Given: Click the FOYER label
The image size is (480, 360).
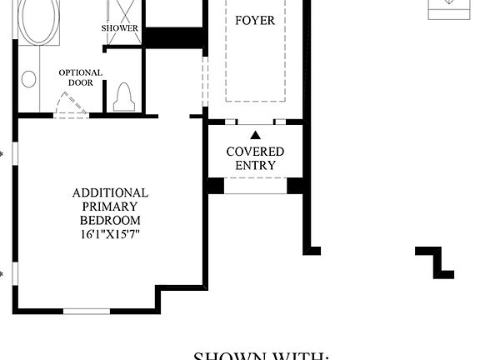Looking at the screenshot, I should (255, 19).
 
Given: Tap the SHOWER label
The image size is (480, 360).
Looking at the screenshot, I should (120, 28).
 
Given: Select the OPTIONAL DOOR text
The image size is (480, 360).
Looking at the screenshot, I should (81, 78).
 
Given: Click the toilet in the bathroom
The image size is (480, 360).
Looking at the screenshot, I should (124, 97).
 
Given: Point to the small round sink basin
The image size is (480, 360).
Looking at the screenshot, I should (29, 79).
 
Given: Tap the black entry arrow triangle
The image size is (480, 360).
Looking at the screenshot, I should (255, 134).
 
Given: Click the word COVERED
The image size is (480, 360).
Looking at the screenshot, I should (255, 152).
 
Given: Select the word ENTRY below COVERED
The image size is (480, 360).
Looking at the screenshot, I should (255, 165).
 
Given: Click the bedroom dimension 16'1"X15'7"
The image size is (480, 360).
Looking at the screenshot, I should (110, 235).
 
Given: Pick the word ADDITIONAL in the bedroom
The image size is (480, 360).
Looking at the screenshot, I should (110, 192).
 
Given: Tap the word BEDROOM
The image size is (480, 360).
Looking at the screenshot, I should (110, 221).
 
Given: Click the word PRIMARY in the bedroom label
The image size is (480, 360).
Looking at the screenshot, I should (110, 207).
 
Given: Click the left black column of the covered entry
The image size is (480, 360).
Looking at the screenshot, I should (216, 186).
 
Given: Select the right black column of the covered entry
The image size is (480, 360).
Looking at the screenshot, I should (295, 186).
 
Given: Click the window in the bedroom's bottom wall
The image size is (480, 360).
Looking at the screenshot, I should (87, 311).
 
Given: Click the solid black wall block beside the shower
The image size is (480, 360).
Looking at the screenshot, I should (174, 37).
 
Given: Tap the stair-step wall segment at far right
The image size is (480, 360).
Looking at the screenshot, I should (436, 260).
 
